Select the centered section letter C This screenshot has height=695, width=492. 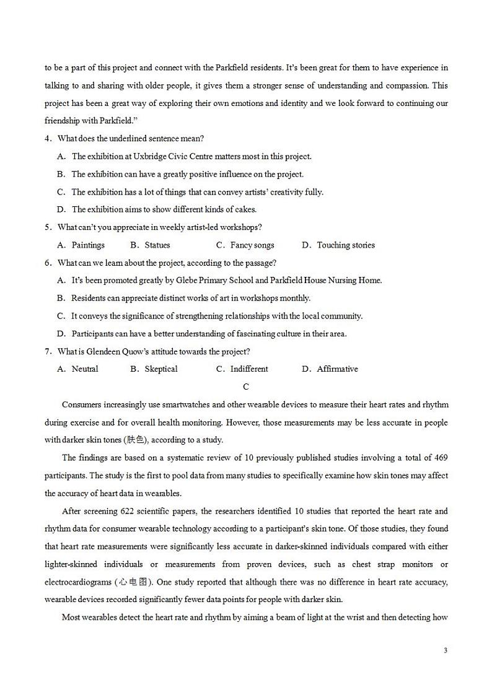[246, 387]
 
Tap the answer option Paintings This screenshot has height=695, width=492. [88, 245]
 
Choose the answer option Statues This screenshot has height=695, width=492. [157, 245]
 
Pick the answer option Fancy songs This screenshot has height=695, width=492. [252, 245]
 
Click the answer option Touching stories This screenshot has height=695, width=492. [346, 245]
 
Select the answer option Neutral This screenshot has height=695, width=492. [85, 369]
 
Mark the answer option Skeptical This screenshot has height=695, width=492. [161, 369]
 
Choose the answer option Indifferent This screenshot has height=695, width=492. [249, 369]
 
